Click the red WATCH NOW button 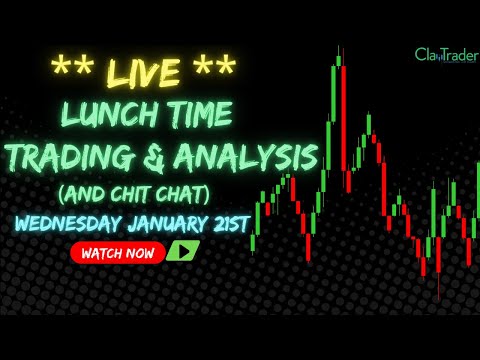118,253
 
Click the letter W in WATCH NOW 84,253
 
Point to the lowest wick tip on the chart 439,298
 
